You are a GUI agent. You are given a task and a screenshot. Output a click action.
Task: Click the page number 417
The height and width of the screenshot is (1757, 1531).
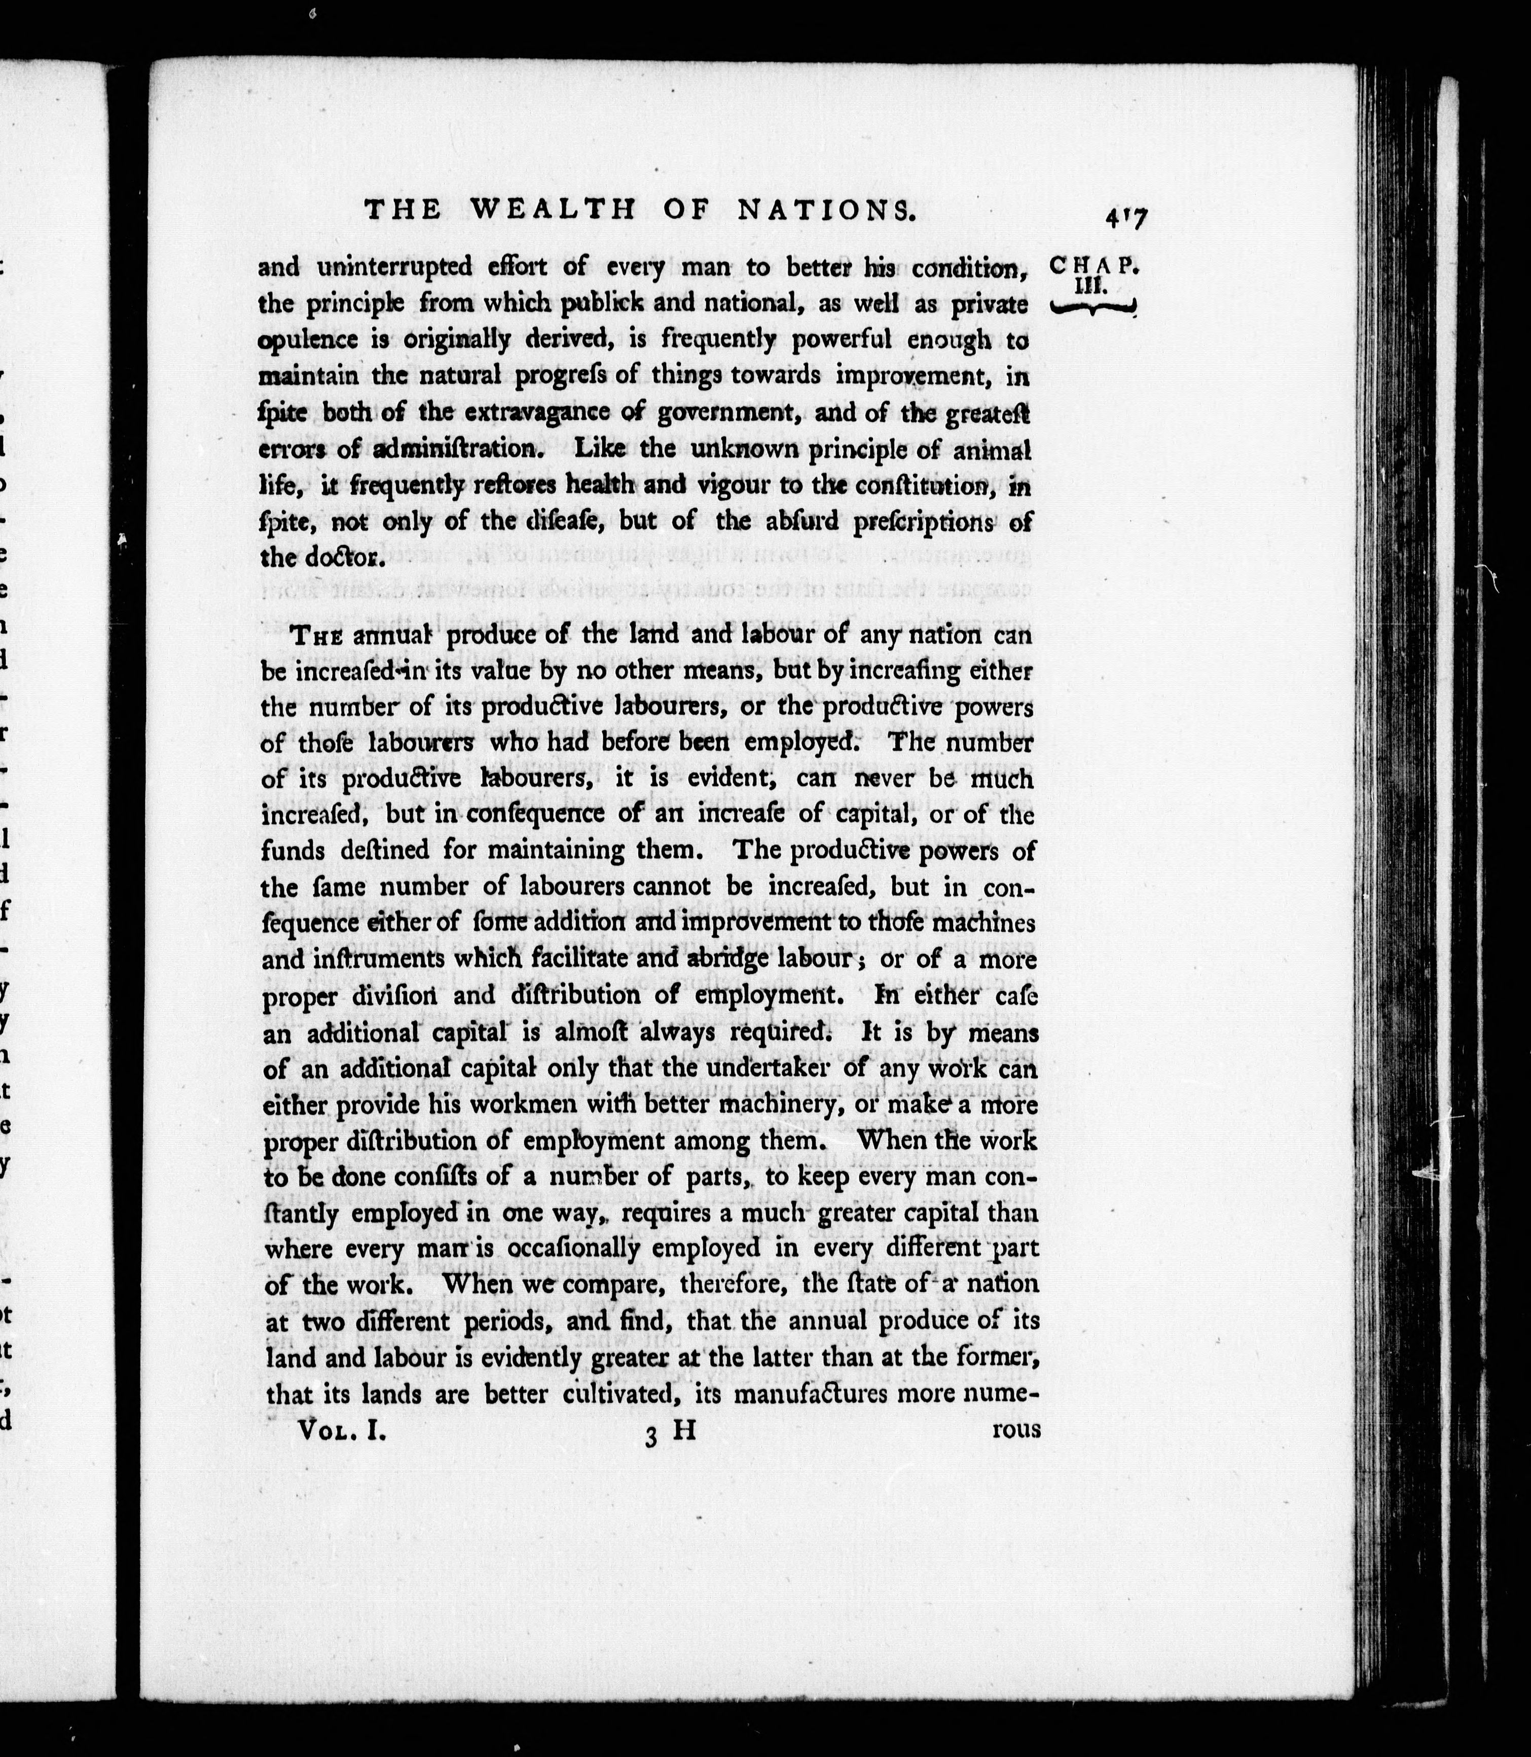[x=1125, y=219]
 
